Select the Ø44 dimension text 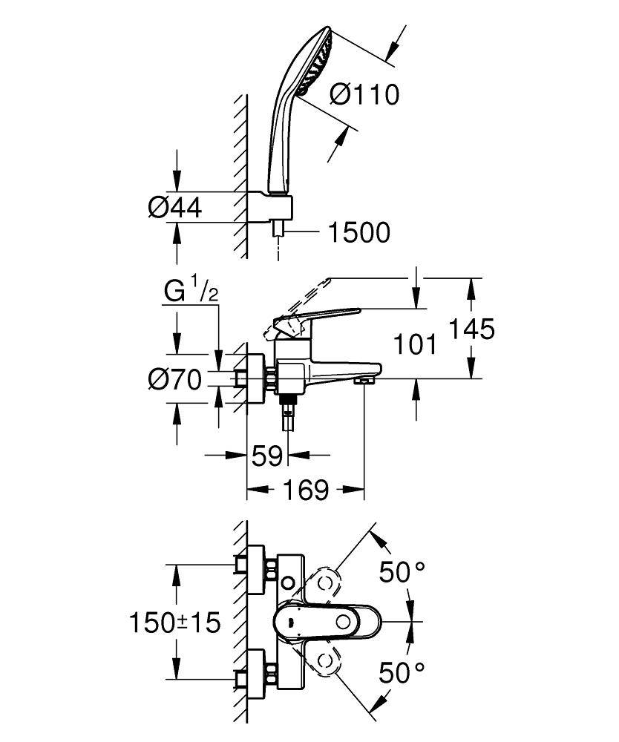(x=175, y=209)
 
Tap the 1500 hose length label (x=358, y=233)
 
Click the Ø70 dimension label (x=175, y=381)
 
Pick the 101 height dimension (x=413, y=344)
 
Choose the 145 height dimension (x=473, y=329)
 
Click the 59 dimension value (x=266, y=456)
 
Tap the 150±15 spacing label (x=175, y=622)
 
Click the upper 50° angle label (x=402, y=572)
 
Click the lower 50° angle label (x=402, y=673)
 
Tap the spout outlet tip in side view (x=363, y=381)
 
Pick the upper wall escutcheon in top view (x=255, y=570)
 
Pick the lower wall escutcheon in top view (x=255, y=672)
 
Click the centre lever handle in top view (x=327, y=621)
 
